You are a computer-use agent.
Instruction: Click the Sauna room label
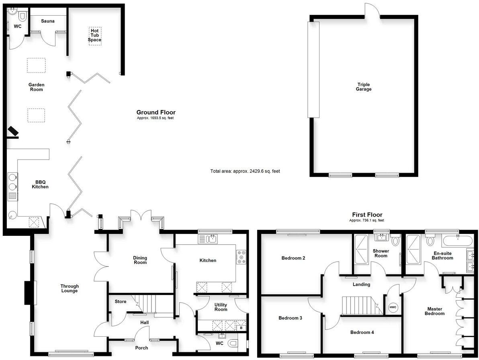point(47,21)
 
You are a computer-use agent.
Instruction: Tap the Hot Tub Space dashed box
point(95,36)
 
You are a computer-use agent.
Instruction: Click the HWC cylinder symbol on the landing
point(393,307)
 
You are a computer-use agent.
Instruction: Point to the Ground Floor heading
point(156,112)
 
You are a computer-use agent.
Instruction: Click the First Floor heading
point(367,215)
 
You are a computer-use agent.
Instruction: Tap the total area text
point(245,171)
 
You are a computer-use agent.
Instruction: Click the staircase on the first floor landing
point(359,306)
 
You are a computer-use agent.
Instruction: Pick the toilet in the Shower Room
point(395,241)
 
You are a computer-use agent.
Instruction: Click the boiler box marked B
point(241,328)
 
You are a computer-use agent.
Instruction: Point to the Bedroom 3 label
point(290,318)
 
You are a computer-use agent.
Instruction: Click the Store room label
point(121,301)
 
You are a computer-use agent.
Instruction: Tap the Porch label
point(141,348)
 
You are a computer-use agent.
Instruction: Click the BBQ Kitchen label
point(40,184)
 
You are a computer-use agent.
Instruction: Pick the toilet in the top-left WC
point(22,16)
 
